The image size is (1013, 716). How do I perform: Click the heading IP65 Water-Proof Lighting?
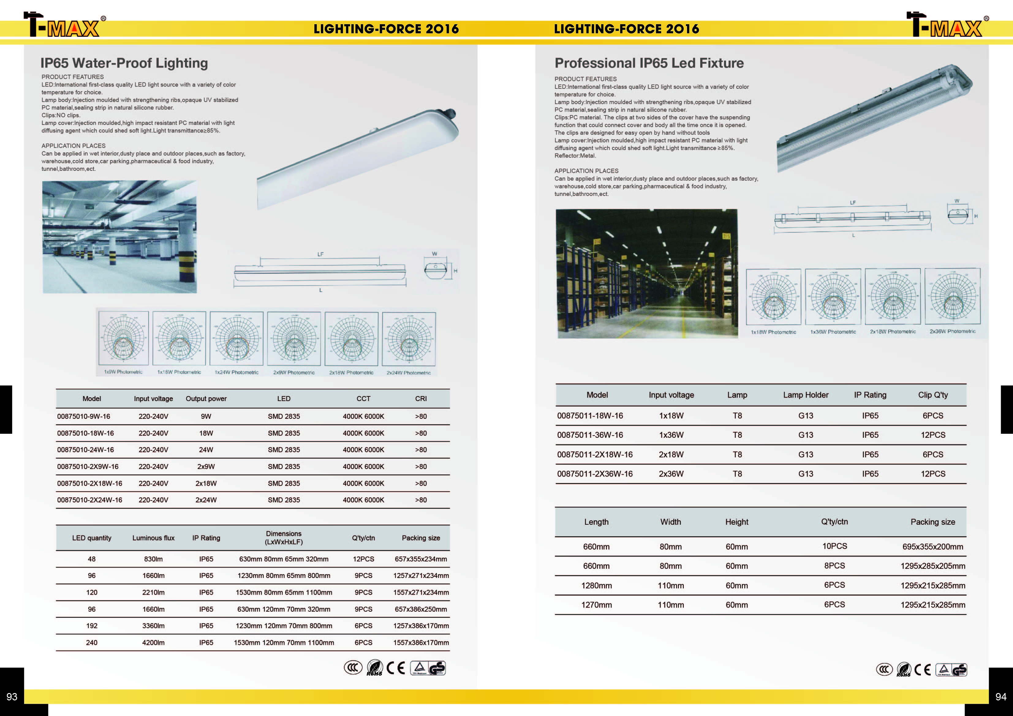pos(124,63)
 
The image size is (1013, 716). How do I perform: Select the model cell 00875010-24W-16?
pos(85,450)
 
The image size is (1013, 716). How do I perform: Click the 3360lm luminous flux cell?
pos(153,626)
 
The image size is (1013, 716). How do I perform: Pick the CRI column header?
pos(421,399)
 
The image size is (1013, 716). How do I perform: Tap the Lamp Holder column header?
pos(805,395)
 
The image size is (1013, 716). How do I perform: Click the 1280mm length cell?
pos(596,586)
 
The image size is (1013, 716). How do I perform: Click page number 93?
pos(12,697)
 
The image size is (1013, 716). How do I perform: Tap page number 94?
pos(1001,697)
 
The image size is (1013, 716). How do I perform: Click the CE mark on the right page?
pos(923,670)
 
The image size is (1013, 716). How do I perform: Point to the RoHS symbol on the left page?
pos(375,668)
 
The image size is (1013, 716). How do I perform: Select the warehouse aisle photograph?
pos(647,273)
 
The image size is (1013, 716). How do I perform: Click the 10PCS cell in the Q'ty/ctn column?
pos(834,546)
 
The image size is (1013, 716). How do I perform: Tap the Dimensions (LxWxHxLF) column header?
pos(284,538)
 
